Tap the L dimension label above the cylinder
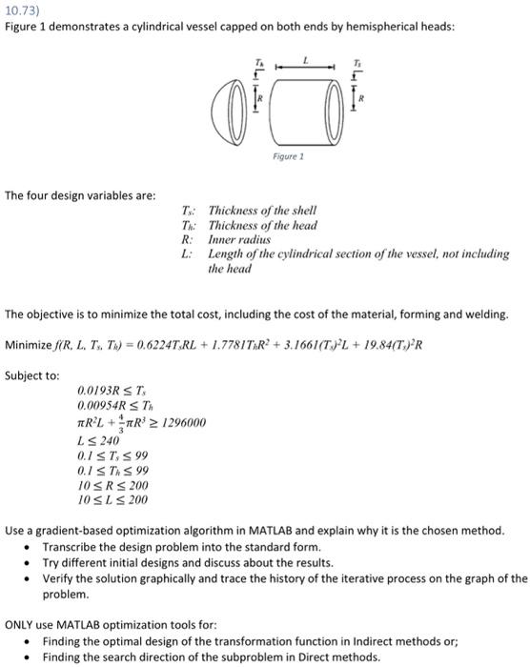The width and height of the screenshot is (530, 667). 307,60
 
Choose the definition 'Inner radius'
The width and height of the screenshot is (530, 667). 238,240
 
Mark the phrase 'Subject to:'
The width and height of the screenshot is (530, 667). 31,374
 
